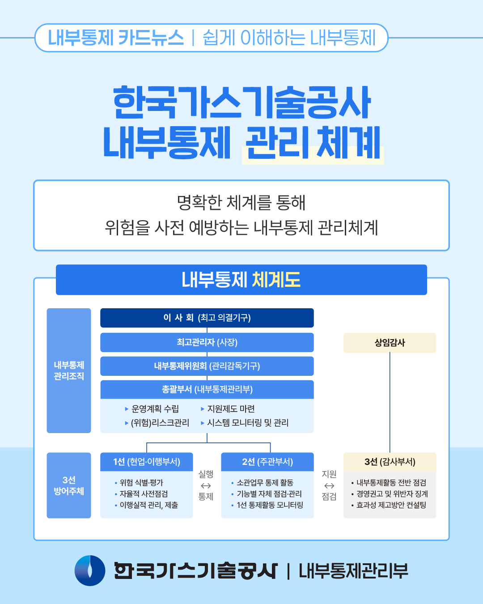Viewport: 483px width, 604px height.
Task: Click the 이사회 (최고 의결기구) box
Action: [207, 318]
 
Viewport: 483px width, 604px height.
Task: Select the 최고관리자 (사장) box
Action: [207, 342]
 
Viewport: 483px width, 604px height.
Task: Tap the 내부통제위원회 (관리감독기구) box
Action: [207, 366]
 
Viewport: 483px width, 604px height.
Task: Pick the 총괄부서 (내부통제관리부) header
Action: [207, 389]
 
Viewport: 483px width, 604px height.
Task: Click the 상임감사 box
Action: [390, 343]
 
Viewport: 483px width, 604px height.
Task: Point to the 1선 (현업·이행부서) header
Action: [146, 462]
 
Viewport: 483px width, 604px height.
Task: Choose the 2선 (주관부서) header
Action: [267, 462]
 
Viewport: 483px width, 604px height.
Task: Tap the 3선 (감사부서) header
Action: [390, 462]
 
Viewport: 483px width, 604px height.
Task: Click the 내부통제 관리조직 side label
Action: [69, 370]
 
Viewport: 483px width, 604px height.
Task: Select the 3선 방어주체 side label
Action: [69, 485]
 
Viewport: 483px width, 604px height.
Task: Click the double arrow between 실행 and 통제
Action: [206, 486]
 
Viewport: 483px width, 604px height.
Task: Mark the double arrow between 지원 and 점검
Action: [329, 486]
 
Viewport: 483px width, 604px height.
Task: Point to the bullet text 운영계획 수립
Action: [155, 409]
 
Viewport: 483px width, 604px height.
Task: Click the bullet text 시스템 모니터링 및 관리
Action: [247, 423]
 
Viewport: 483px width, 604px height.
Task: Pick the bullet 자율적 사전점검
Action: [144, 494]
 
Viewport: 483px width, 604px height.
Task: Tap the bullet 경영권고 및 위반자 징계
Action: [392, 494]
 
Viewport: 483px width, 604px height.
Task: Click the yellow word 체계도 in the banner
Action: [276, 280]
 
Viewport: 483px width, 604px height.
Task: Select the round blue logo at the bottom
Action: [90, 570]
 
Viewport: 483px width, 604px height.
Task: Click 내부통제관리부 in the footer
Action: [353, 571]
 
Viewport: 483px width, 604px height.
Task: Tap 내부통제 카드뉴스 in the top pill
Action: [116, 38]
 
